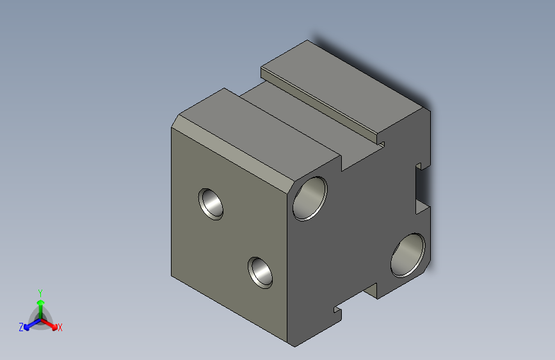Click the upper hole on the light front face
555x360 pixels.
tap(211, 203)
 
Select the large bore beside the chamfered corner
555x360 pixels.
tap(310, 198)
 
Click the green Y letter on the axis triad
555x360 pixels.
tap(40, 291)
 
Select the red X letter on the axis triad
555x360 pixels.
tap(60, 328)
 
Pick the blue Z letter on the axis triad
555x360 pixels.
tap(21, 327)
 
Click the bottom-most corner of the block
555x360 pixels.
tap(296, 347)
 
